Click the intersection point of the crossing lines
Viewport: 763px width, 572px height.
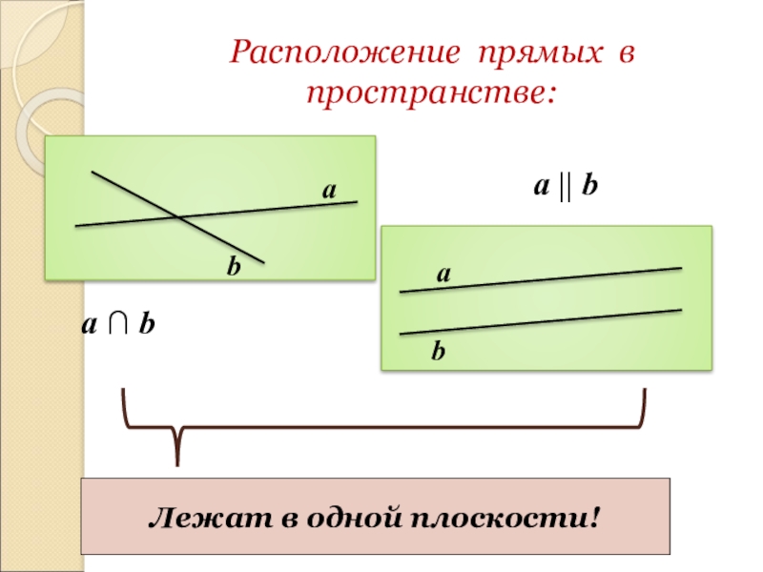pyautogui.click(x=179, y=218)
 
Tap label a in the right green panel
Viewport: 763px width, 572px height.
pyautogui.click(x=443, y=274)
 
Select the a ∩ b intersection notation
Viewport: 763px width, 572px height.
pyautogui.click(x=118, y=325)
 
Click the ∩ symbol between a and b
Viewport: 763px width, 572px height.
pyautogui.click(x=118, y=326)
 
